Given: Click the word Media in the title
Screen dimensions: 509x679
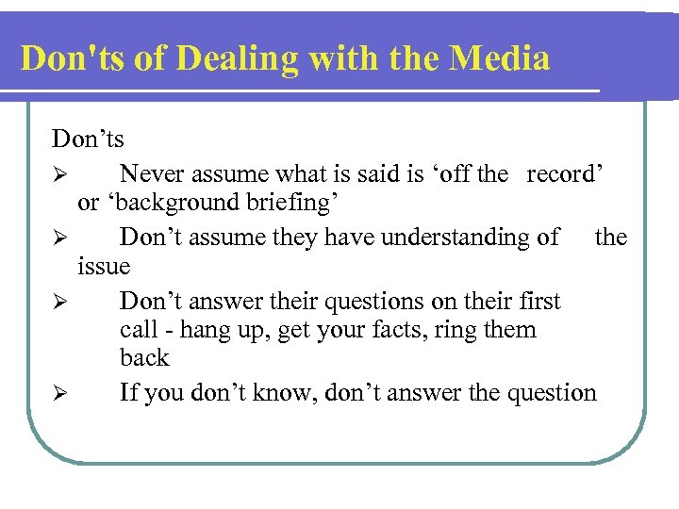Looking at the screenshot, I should tap(500, 59).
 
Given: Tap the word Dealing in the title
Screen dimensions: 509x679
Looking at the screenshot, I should tap(234, 59).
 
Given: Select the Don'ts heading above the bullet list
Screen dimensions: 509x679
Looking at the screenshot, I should tap(88, 140).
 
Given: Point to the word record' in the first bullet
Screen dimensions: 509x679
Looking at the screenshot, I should tap(565, 174).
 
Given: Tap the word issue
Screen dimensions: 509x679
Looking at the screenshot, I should tap(104, 266).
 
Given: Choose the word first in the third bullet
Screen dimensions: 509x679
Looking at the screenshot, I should tap(538, 302).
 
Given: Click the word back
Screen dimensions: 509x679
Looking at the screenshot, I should tap(144, 358).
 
